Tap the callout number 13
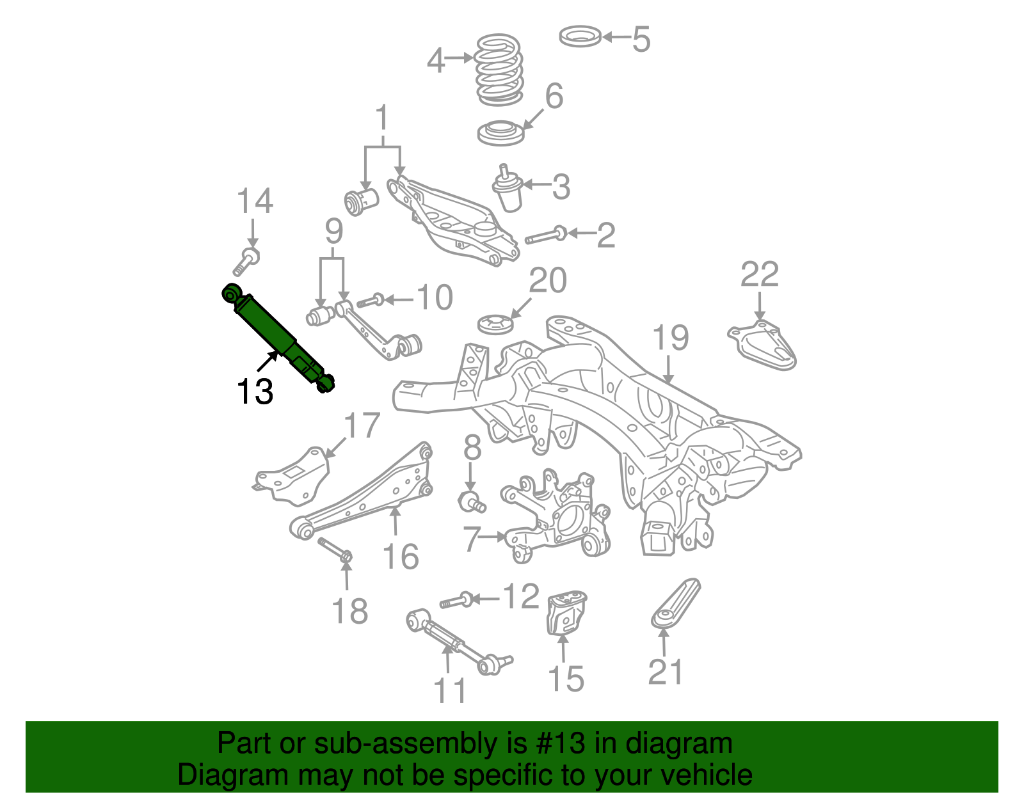click(255, 392)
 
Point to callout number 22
click(759, 274)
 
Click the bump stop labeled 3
click(508, 190)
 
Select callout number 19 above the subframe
click(670, 338)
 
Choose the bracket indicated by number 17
click(291, 477)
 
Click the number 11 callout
click(450, 691)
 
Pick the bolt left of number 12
click(456, 601)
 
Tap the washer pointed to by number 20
click(495, 324)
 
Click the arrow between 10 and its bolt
click(398, 299)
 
